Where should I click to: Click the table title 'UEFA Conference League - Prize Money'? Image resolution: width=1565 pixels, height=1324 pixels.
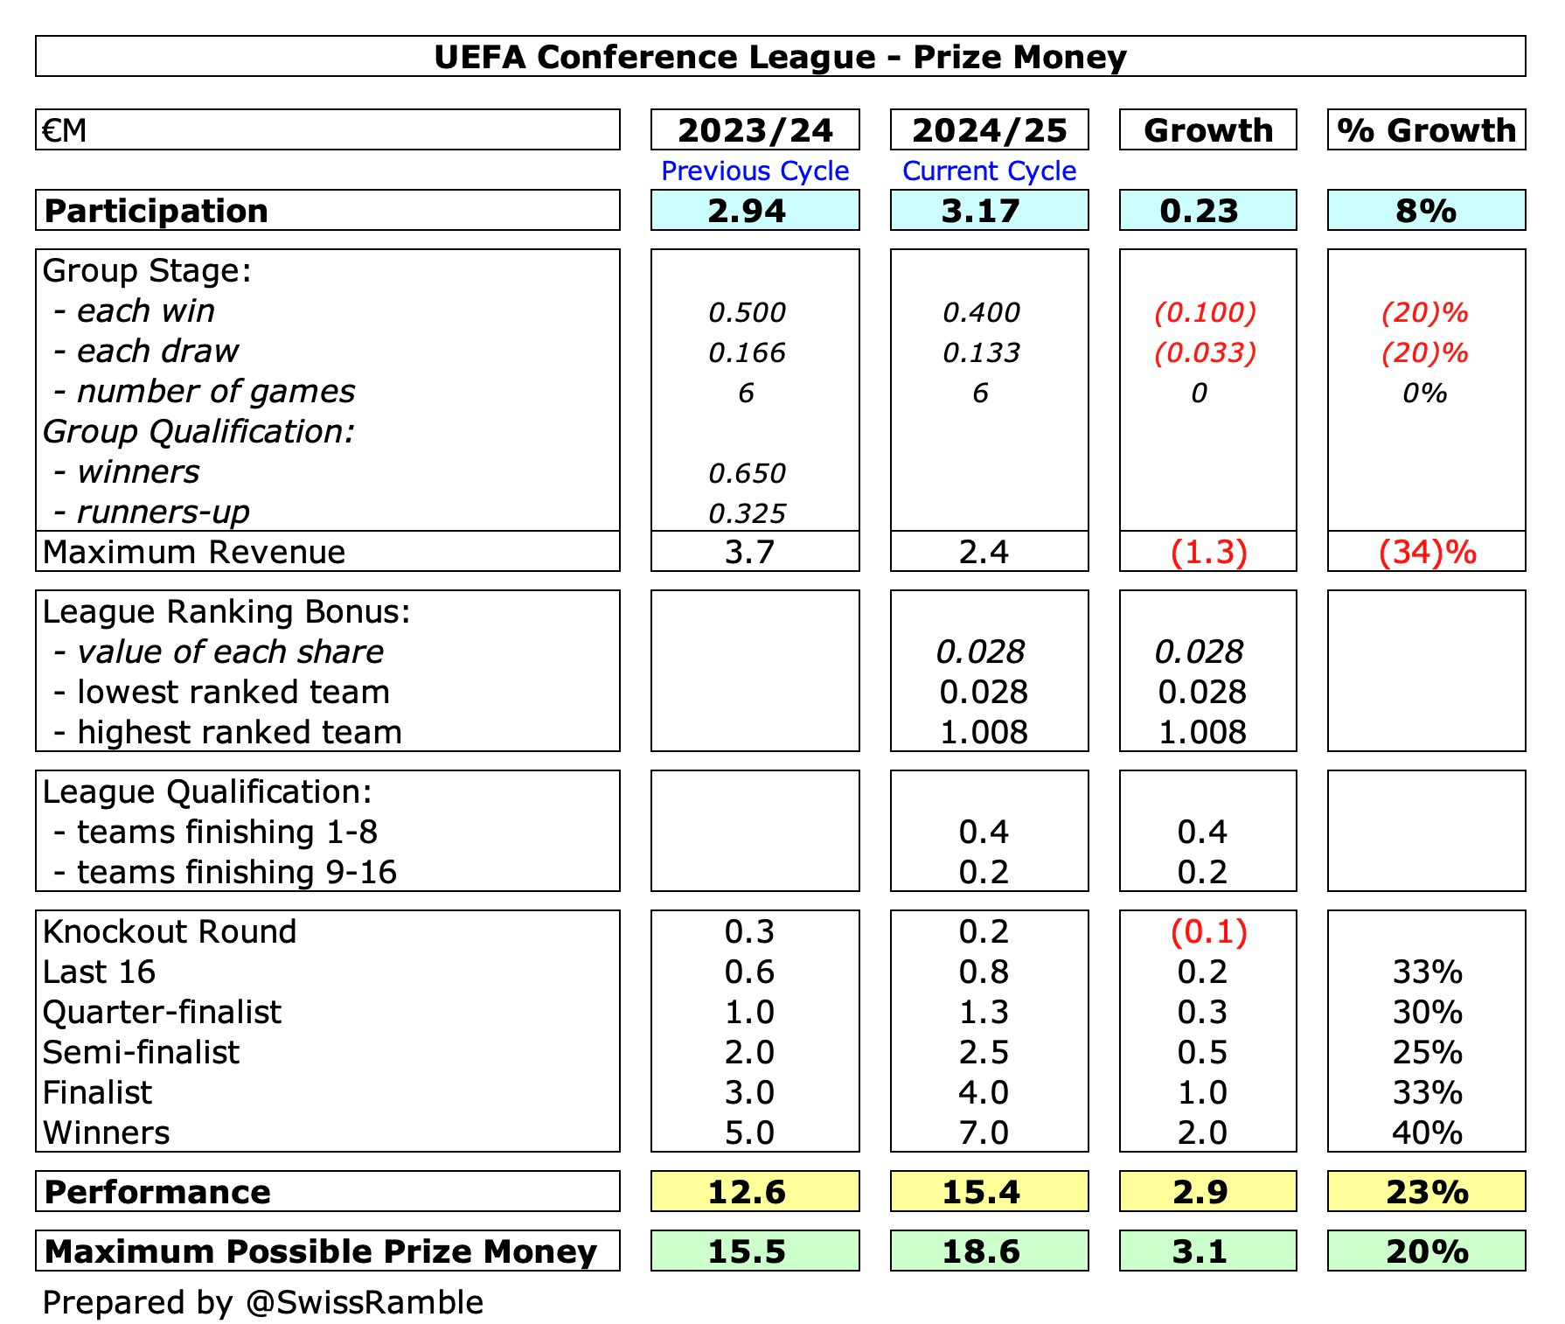click(x=780, y=57)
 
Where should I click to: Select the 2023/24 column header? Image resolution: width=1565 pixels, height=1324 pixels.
click(x=755, y=130)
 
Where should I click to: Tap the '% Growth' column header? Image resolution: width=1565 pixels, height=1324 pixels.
click(x=1426, y=130)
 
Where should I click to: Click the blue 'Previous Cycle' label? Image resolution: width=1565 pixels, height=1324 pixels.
click(x=755, y=171)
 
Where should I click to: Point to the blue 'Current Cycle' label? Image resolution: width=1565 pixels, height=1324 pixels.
click(x=989, y=171)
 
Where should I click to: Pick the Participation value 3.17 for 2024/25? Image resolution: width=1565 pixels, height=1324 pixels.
click(x=980, y=211)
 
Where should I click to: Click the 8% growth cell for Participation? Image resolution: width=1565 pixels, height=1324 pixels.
click(x=1426, y=211)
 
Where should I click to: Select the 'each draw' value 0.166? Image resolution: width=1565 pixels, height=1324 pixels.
click(x=747, y=352)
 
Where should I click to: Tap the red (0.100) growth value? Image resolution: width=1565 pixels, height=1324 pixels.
click(x=1205, y=312)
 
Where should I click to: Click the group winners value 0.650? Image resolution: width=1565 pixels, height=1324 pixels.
click(x=747, y=473)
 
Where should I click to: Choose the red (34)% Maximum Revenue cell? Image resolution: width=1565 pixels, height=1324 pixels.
click(x=1427, y=553)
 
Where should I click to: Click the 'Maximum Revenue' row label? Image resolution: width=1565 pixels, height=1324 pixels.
click(x=194, y=553)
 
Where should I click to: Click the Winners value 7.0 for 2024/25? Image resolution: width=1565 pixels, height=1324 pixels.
click(x=984, y=1132)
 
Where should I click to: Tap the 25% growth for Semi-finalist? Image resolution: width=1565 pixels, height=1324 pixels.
click(x=1427, y=1052)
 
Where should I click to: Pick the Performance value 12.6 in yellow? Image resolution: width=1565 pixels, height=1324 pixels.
click(x=747, y=1192)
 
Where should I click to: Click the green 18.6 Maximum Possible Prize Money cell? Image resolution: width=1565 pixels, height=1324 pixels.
click(x=981, y=1251)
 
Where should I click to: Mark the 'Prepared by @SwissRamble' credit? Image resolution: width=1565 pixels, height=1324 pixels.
click(x=262, y=1302)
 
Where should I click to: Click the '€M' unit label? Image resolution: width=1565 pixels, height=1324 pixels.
click(x=65, y=130)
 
